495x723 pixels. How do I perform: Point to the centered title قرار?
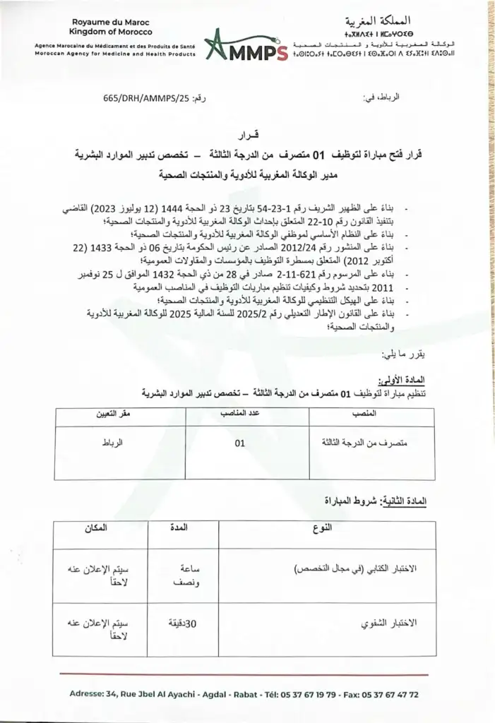point(247,133)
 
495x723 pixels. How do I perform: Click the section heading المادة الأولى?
point(402,380)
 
